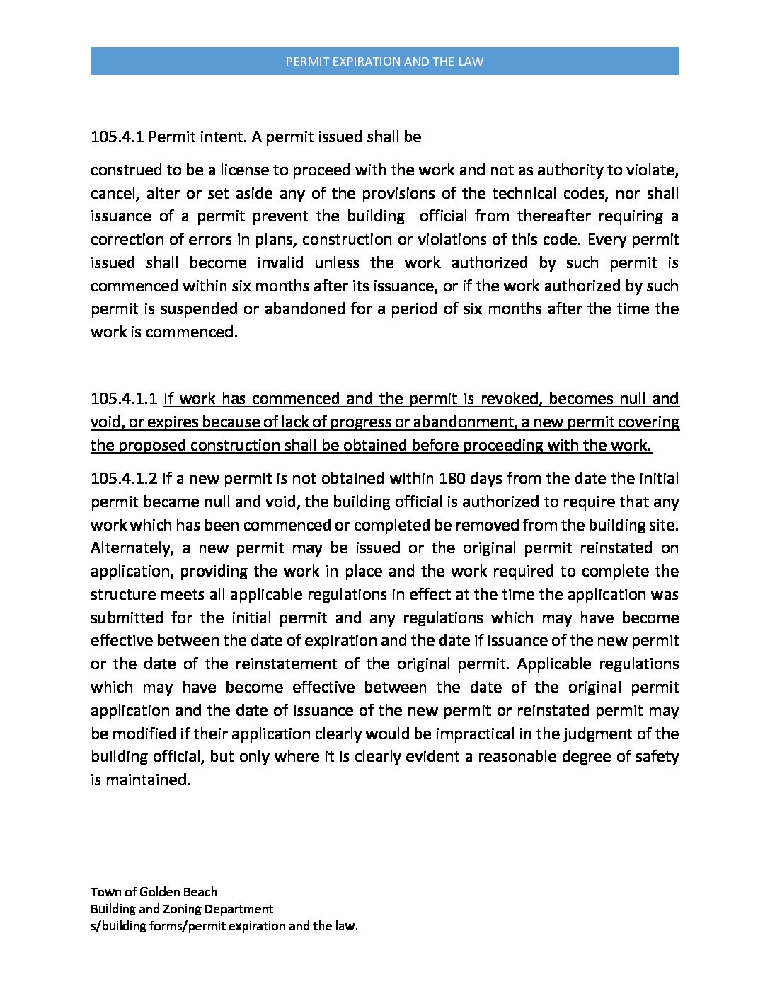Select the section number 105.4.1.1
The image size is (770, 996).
click(x=124, y=398)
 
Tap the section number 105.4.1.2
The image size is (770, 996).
click(x=124, y=478)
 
